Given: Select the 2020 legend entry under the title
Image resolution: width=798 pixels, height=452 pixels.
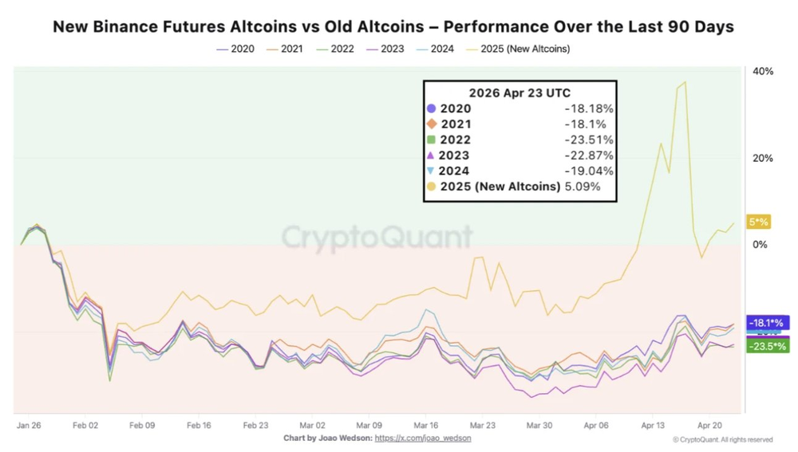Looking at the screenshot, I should click(235, 49).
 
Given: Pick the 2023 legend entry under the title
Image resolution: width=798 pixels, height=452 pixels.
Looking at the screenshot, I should click(386, 49).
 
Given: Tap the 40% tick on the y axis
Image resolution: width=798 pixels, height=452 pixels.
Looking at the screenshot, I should click(763, 72).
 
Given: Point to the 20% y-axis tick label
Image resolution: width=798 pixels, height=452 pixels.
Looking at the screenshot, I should click(763, 159).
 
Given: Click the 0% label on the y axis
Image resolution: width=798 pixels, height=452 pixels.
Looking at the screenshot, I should click(760, 245).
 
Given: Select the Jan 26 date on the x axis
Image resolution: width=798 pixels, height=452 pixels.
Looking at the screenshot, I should click(29, 426).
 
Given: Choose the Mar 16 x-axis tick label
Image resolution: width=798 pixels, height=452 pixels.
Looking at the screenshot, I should click(425, 426).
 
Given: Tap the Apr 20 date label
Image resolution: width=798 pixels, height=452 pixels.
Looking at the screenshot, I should click(709, 426).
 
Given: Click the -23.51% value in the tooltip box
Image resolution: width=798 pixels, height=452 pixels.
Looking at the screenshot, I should click(587, 140).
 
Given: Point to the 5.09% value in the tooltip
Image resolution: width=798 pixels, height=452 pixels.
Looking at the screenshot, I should click(583, 187).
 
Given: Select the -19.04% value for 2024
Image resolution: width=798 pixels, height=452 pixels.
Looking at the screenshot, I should click(587, 171).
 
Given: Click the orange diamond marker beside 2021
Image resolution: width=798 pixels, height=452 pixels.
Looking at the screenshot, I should click(432, 124).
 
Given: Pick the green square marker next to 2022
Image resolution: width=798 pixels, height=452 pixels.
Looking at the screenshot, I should click(432, 140).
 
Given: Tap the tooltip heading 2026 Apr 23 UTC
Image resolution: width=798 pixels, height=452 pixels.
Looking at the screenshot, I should click(519, 92).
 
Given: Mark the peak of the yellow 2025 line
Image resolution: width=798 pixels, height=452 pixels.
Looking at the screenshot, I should click(685, 82).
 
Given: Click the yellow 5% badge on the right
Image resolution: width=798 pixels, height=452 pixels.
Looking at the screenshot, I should click(757, 222).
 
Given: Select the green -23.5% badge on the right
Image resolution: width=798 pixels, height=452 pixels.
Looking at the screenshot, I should click(768, 347).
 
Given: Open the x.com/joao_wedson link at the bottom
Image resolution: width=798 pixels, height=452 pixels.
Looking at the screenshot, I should click(423, 438).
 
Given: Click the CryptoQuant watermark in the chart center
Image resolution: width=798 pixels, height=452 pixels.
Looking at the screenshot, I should click(377, 237).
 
